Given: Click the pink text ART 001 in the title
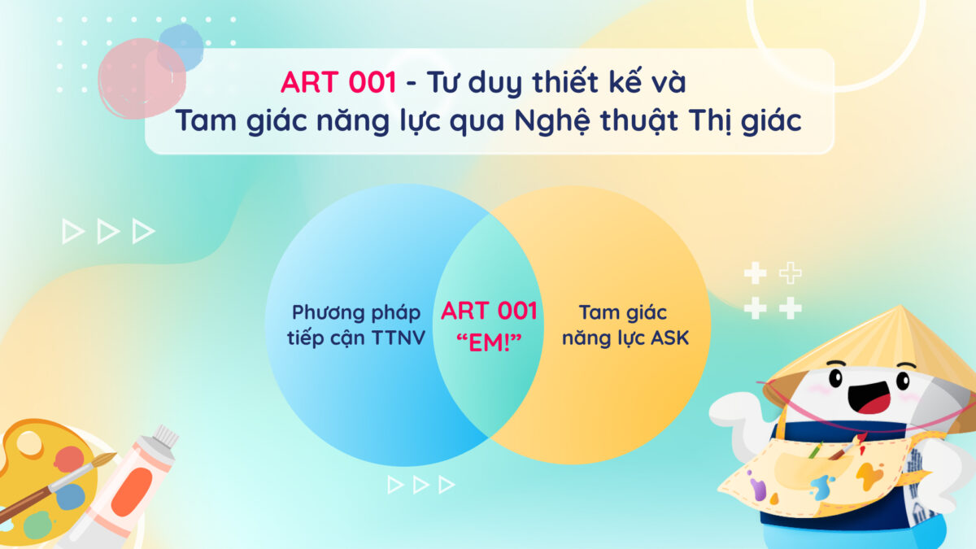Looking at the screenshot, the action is click(x=338, y=82).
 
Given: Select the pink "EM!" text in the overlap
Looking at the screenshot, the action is click(x=489, y=342).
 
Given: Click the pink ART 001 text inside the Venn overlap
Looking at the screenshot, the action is click(x=489, y=311).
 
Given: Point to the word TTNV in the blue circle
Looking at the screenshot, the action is click(x=399, y=338).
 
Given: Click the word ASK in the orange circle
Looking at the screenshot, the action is click(x=669, y=338).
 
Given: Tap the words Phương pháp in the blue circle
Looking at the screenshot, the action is click(x=356, y=313).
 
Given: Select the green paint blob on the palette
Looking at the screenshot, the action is click(x=38, y=525).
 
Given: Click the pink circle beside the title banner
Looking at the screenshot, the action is click(x=142, y=78).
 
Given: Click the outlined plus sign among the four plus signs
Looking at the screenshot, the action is click(x=790, y=273).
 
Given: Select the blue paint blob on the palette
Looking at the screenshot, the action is click(x=70, y=497).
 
